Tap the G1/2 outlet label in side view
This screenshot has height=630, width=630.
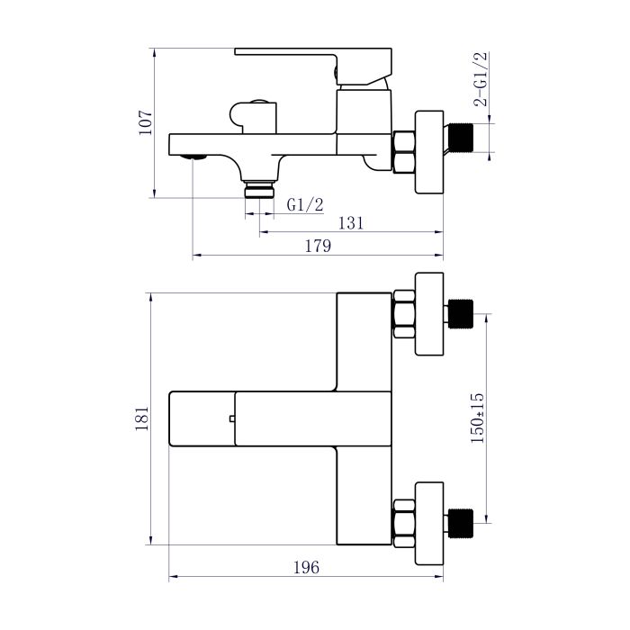point(305,205)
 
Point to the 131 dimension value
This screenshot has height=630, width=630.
point(351,223)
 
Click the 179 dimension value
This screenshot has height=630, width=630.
point(318,246)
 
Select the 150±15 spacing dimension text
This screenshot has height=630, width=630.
point(478,417)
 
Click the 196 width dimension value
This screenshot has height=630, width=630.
point(306,567)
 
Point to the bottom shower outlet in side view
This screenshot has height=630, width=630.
point(260,190)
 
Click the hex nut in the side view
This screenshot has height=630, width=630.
point(404,150)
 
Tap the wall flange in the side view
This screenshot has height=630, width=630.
point(429,151)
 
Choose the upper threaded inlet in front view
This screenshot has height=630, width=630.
point(462,313)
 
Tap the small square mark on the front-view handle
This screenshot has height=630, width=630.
point(232,418)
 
